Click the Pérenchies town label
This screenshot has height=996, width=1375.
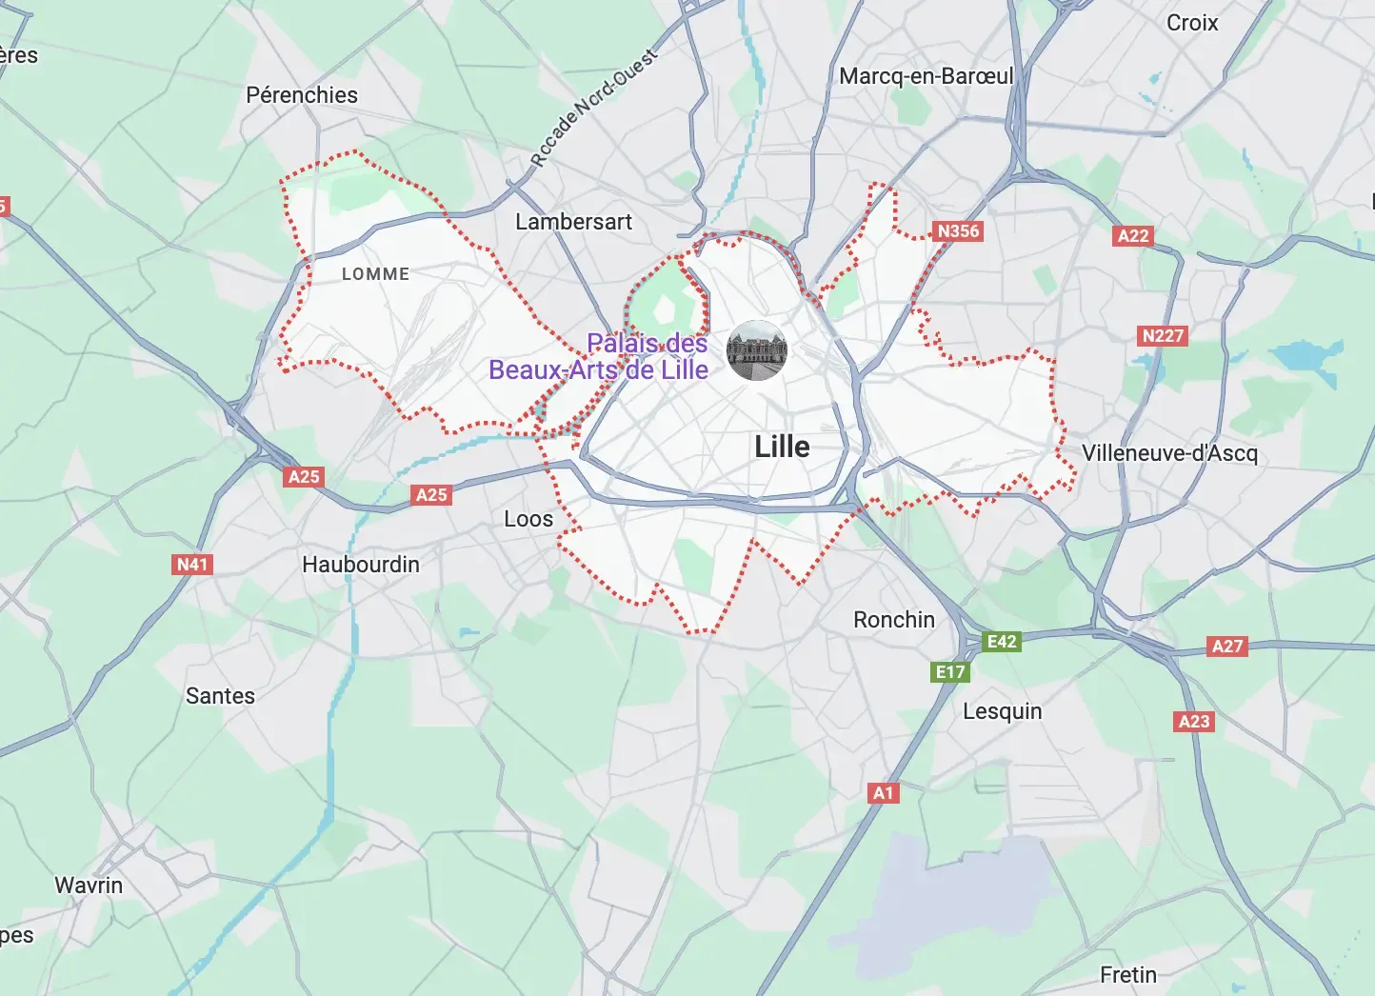point(302,95)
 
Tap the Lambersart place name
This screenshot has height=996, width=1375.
point(573,222)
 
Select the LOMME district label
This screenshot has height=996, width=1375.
point(375,274)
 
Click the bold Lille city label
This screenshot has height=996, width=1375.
point(782,447)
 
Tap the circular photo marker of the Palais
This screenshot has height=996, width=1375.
point(757,350)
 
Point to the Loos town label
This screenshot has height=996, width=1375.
point(528,519)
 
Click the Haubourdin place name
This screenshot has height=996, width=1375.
point(361,565)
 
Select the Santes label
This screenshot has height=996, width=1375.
point(220,696)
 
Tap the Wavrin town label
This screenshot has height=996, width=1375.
point(89,886)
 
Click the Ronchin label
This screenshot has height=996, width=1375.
point(894,620)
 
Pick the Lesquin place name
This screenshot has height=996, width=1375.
point(1002,711)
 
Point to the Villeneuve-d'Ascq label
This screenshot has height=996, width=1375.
point(1169,453)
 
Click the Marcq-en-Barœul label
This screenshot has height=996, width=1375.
point(926,76)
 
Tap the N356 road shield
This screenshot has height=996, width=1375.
point(958,231)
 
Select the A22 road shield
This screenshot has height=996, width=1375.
point(1133,236)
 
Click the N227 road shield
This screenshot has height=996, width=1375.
point(1163,336)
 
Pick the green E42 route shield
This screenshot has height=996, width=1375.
point(1002,642)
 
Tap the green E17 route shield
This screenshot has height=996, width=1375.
point(950,672)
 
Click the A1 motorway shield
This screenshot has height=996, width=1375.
point(884,793)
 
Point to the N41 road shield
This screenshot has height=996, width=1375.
point(192,565)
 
